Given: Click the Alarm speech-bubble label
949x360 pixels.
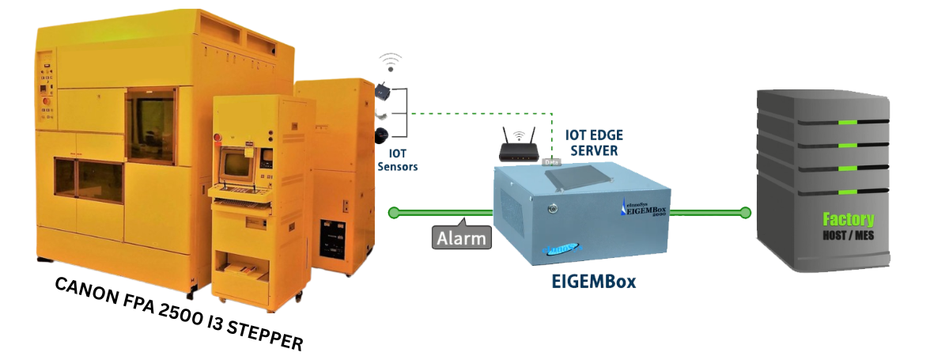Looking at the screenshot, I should (463, 237).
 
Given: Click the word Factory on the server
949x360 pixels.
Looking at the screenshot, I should (848, 220).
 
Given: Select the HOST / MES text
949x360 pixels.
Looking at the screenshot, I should (849, 236).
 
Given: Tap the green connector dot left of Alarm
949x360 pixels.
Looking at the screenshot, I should (393, 212).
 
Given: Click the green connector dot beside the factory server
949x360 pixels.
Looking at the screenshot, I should (744, 212).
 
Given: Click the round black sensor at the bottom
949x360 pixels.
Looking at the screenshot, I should (382, 135).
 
